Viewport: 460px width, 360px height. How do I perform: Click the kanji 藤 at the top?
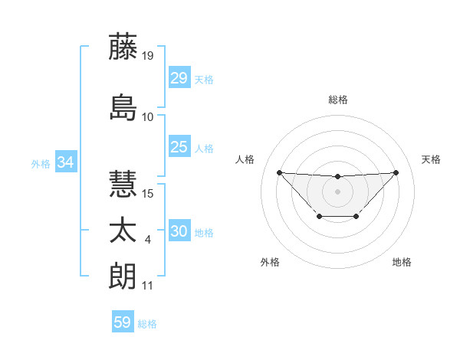(123, 47)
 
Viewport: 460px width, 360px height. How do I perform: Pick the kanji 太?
(123, 232)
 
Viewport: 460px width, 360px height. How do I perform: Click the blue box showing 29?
(179, 77)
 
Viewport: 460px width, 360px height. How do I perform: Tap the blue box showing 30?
(179, 231)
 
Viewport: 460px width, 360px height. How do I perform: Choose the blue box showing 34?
(65, 162)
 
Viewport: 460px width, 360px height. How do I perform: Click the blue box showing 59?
(123, 322)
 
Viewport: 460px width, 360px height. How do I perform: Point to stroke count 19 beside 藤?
(148, 55)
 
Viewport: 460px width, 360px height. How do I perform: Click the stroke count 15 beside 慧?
(148, 193)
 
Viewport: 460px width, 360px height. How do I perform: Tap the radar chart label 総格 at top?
(337, 100)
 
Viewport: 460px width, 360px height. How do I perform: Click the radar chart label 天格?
(431, 159)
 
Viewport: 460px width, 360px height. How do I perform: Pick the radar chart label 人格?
(245, 159)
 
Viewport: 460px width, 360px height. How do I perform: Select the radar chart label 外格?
(270, 262)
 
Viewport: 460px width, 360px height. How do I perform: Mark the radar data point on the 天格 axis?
(396, 172)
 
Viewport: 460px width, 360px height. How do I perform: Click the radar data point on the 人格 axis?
(279, 172)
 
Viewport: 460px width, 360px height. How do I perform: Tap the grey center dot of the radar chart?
(337, 191)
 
